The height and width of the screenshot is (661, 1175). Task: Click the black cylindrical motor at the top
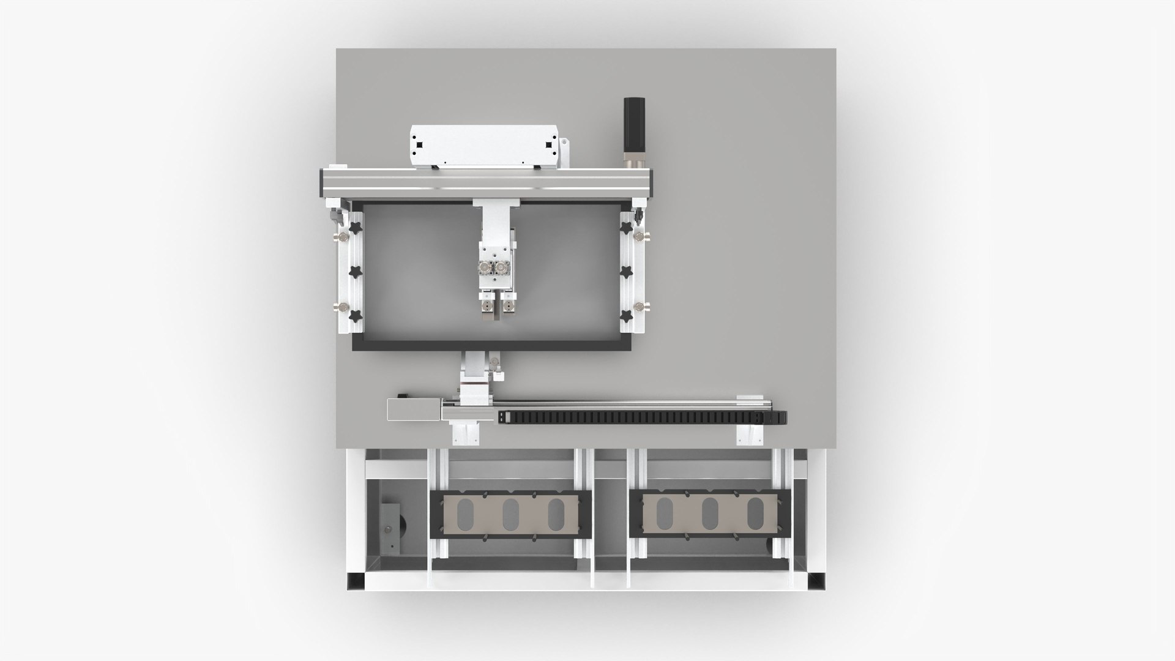click(632, 125)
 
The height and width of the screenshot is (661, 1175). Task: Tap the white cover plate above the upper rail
click(484, 145)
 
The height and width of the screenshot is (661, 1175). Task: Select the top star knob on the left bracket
click(356, 228)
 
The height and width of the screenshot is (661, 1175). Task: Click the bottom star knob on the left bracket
click(356, 316)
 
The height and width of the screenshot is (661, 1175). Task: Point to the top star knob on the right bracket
click(626, 227)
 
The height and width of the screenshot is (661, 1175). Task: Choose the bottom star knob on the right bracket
click(626, 316)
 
